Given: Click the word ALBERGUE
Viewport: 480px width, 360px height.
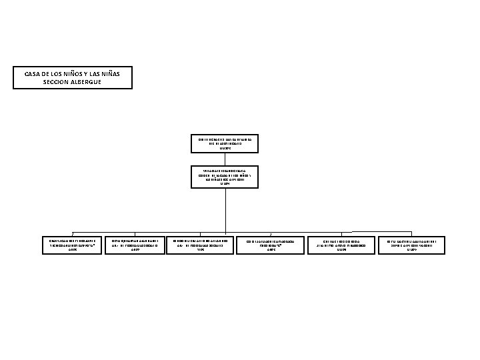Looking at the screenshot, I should [x=89, y=81].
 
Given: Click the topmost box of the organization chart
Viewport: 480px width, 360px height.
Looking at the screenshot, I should [x=225, y=143].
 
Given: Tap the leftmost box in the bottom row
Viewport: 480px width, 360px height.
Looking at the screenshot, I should [x=73, y=245].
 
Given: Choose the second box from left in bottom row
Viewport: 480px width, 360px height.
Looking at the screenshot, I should [x=135, y=245].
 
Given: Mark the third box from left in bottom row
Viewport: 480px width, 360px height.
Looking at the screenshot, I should [x=201, y=245].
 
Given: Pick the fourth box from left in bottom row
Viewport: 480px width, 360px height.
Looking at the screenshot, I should [x=271, y=245].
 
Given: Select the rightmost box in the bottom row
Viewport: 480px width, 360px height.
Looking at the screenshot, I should [x=411, y=245].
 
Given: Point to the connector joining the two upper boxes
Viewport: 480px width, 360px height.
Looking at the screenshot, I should [x=225, y=159].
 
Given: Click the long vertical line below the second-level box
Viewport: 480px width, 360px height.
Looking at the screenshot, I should [x=225, y=207].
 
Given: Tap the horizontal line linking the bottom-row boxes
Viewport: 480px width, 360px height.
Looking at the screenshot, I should [x=167, y=231].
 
